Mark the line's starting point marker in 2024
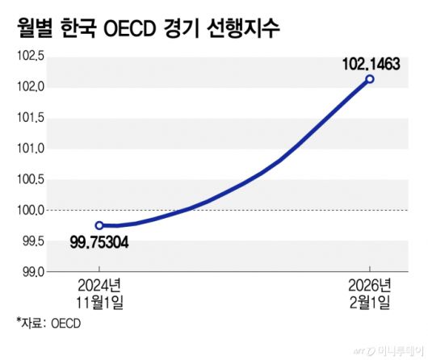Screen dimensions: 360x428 click(99, 225)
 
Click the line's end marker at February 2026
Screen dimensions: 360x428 click(370, 78)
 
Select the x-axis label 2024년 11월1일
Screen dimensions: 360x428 click(99, 294)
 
